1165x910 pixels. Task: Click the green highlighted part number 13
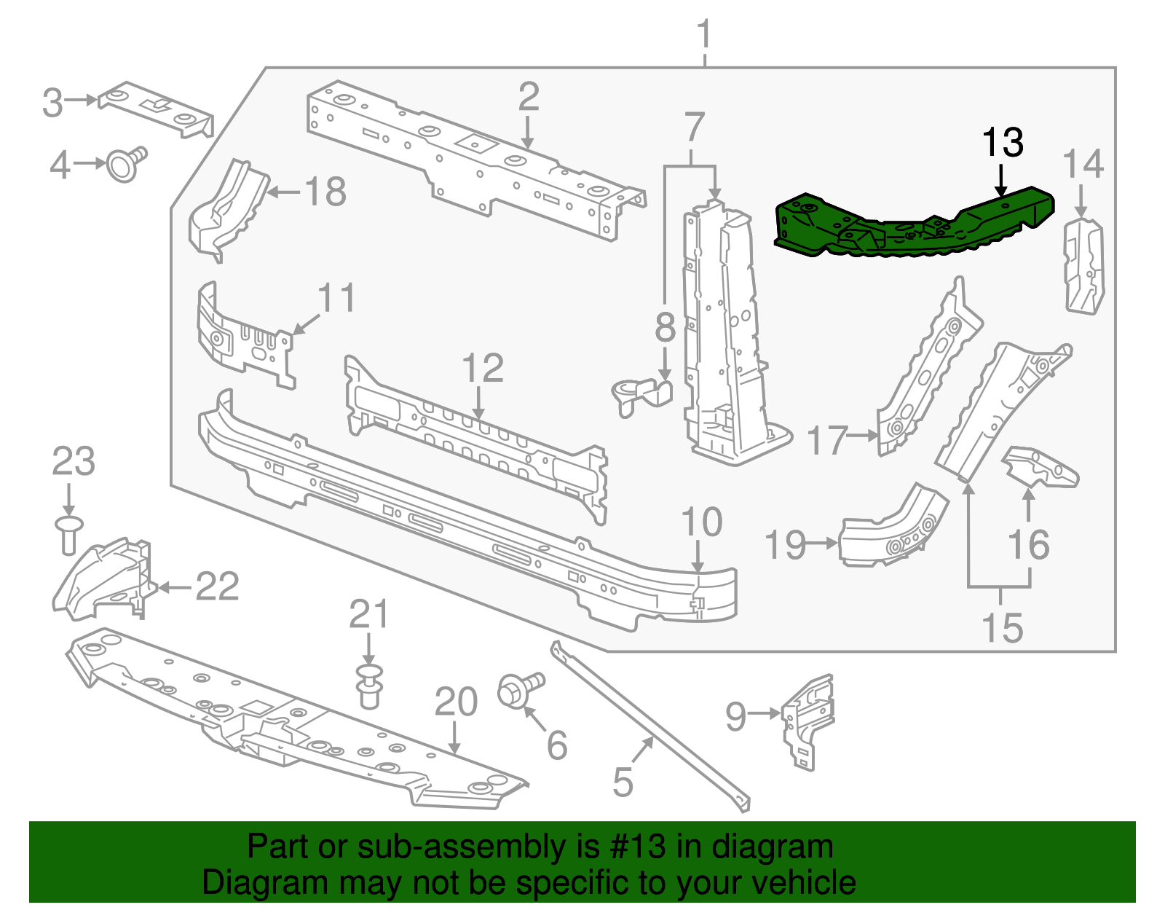[910, 226]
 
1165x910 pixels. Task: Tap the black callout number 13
[1003, 143]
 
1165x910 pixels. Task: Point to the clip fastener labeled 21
[370, 685]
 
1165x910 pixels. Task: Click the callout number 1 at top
[703, 34]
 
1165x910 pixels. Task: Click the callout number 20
[456, 702]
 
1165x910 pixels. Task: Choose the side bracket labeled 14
[1084, 267]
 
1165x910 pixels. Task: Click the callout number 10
[701, 522]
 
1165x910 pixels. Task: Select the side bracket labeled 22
[106, 579]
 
